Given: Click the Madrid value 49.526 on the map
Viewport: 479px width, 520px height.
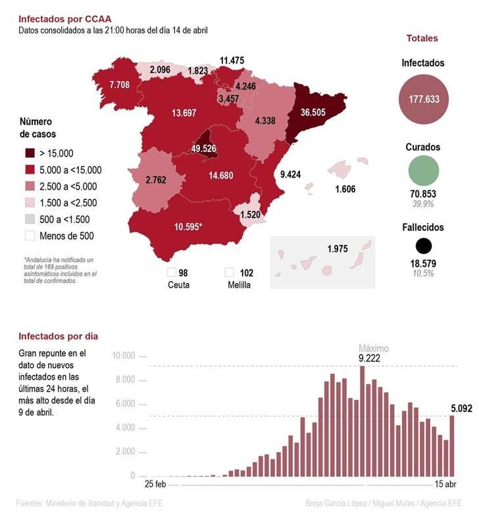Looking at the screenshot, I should (203, 148).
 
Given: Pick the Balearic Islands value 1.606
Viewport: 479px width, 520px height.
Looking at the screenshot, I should (345, 189).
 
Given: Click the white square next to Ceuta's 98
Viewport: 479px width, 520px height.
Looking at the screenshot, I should (171, 273).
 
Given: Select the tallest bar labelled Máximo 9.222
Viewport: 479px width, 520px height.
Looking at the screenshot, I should (362, 421).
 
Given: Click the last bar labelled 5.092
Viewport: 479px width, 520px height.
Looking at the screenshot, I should (452, 446).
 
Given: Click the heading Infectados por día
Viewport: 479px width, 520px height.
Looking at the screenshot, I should (58, 336).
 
